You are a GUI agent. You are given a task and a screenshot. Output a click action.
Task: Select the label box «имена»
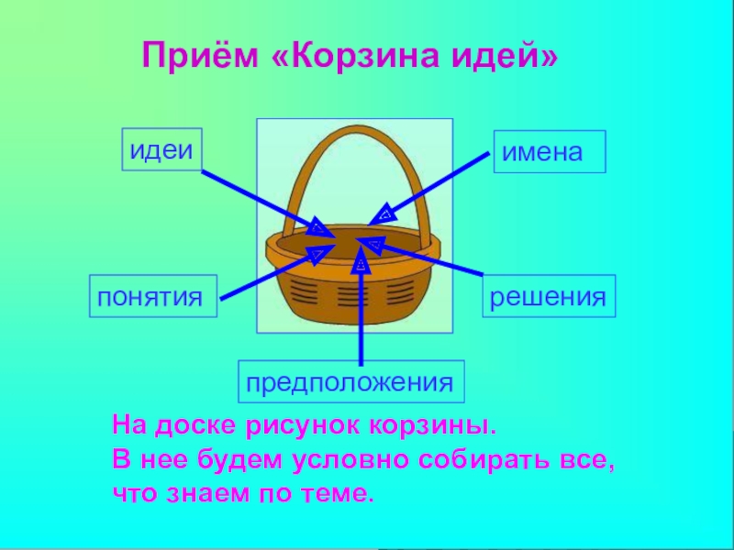coord(550,151)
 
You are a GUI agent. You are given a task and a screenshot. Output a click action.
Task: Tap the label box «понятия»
coord(152,296)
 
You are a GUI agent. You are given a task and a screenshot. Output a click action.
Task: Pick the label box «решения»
coord(549,297)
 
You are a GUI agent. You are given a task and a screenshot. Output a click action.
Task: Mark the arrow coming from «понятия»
coord(266,274)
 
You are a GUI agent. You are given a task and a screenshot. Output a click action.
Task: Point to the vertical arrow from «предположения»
coord(361,312)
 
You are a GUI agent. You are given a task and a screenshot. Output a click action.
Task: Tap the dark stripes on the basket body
coord(353,295)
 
